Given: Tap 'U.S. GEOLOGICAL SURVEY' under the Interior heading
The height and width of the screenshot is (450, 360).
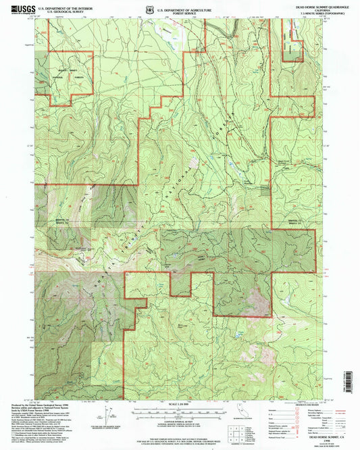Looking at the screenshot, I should click(65, 10).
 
